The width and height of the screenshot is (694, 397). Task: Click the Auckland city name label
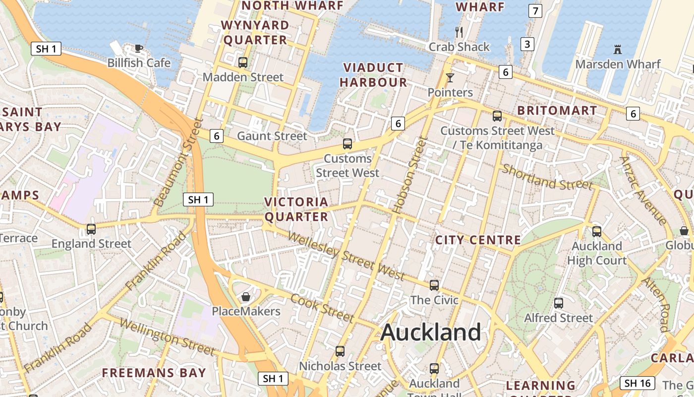point(431,332)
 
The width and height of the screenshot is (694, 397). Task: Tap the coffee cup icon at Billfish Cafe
point(139,48)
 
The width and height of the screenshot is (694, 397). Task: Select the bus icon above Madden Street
point(243,63)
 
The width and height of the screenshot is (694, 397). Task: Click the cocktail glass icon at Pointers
point(450,78)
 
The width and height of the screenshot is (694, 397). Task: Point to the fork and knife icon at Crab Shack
point(459,32)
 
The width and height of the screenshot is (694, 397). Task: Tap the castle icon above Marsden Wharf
point(618,50)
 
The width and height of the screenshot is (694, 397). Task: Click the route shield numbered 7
point(535,10)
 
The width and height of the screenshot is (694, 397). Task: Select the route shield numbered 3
point(527,44)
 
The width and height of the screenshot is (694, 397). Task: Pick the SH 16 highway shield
point(637,383)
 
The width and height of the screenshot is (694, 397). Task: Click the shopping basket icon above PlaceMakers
point(245,297)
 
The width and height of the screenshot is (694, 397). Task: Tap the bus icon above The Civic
point(434,285)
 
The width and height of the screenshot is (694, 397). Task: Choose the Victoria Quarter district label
point(296,209)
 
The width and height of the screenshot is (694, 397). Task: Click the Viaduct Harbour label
point(374,75)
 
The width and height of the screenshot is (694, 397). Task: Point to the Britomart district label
point(557,110)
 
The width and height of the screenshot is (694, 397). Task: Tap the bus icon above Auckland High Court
point(597,232)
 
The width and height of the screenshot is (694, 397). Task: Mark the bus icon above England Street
point(91,229)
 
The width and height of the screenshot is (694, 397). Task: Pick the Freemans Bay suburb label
point(154,373)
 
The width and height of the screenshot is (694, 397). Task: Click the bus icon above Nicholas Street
point(340,351)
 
